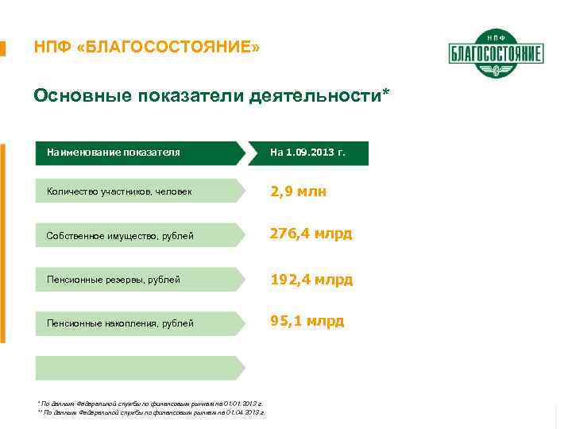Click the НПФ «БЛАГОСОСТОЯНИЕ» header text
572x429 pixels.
pyautogui.click(x=146, y=48)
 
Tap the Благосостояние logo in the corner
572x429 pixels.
pyautogui.click(x=496, y=54)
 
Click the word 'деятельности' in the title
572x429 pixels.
pyautogui.click(x=315, y=96)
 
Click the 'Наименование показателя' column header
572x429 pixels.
pyautogui.click(x=113, y=152)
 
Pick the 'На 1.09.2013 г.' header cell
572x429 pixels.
pyautogui.click(x=307, y=152)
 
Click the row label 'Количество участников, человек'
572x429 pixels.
pyautogui.click(x=119, y=191)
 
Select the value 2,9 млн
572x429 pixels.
pyautogui.click(x=299, y=191)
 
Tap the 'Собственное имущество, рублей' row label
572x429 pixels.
pyautogui.click(x=120, y=235)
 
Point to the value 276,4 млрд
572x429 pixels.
pyautogui.click(x=311, y=234)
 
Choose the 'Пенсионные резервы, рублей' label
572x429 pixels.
pyautogui.click(x=113, y=280)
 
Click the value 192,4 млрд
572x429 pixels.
pyautogui.click(x=311, y=280)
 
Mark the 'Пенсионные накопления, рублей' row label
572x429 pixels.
pyautogui.click(x=120, y=323)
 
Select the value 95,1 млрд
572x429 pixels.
pyautogui.click(x=307, y=321)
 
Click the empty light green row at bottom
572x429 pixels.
pyautogui.click(x=139, y=368)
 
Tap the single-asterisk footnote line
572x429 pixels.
pyautogui.click(x=150, y=404)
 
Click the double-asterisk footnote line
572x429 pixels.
pyautogui.click(x=151, y=413)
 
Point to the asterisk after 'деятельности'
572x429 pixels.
pyautogui.click(x=386, y=93)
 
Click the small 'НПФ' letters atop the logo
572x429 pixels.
pyautogui.click(x=496, y=37)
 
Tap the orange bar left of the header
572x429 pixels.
pyautogui.click(x=3, y=48)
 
